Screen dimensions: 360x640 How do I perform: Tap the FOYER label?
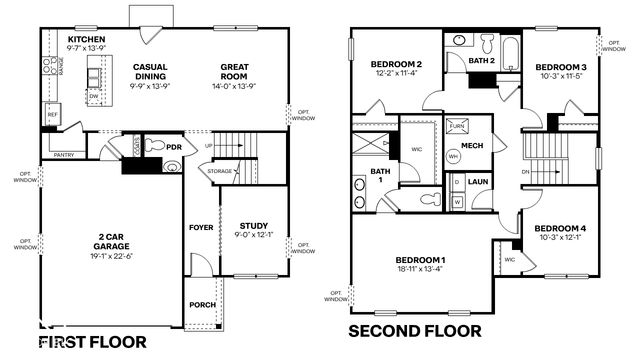coord(201,227)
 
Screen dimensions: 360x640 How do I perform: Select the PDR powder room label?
coord(174,147)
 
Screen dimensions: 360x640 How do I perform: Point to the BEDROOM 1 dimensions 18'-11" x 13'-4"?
coord(420,269)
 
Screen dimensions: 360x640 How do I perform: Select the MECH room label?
coord(472,145)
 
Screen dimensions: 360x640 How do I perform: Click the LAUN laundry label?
coord(478,181)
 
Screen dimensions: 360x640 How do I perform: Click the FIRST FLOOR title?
coord(92,342)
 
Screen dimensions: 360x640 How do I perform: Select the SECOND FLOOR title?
coord(413,330)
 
